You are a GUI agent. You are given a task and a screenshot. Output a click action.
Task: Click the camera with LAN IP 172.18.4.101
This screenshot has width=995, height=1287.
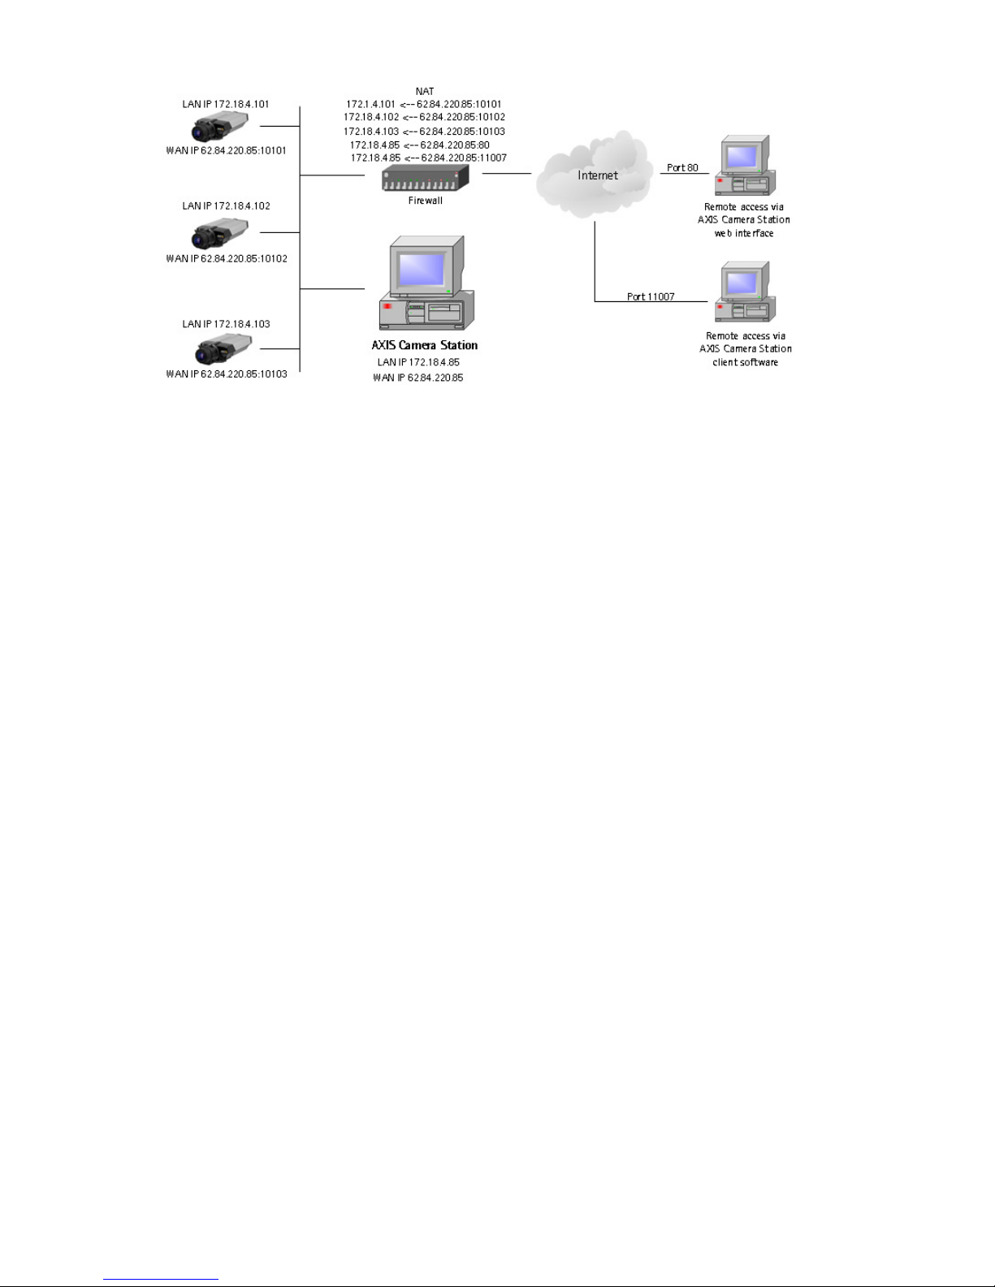[219, 127]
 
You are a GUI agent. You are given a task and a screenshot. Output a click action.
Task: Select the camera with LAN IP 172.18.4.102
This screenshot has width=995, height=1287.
[219, 233]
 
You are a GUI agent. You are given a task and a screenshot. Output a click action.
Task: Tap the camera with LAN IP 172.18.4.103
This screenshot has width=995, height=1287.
[223, 349]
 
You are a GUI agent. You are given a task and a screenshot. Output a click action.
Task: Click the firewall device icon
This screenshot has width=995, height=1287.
[426, 178]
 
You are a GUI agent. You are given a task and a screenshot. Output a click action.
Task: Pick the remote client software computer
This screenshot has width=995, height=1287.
[742, 292]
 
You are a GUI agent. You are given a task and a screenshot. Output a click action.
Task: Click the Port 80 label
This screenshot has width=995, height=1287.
[682, 168]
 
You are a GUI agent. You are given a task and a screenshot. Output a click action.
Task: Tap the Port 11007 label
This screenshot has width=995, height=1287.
[651, 297]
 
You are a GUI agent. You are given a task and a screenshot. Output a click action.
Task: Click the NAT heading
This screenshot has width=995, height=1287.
[425, 92]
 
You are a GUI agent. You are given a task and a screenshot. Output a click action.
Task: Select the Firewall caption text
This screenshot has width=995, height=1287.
[425, 201]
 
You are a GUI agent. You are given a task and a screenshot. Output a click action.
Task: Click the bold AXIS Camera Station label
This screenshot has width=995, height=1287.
[425, 345]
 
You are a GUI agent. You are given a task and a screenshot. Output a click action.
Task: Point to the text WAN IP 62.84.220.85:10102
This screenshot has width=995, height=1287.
[227, 259]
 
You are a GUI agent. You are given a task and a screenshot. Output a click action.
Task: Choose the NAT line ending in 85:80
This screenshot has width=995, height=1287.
[420, 145]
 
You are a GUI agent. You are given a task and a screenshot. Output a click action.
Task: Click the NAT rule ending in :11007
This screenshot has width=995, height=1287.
[429, 158]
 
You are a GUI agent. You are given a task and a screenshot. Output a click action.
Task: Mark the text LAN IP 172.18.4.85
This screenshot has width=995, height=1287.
[418, 362]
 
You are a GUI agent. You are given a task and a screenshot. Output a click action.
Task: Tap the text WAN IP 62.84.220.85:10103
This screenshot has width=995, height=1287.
[227, 374]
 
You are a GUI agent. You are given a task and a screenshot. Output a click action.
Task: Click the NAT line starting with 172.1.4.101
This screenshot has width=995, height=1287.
[424, 104]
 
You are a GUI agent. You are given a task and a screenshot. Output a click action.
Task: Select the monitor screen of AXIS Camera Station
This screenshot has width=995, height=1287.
[421, 270]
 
